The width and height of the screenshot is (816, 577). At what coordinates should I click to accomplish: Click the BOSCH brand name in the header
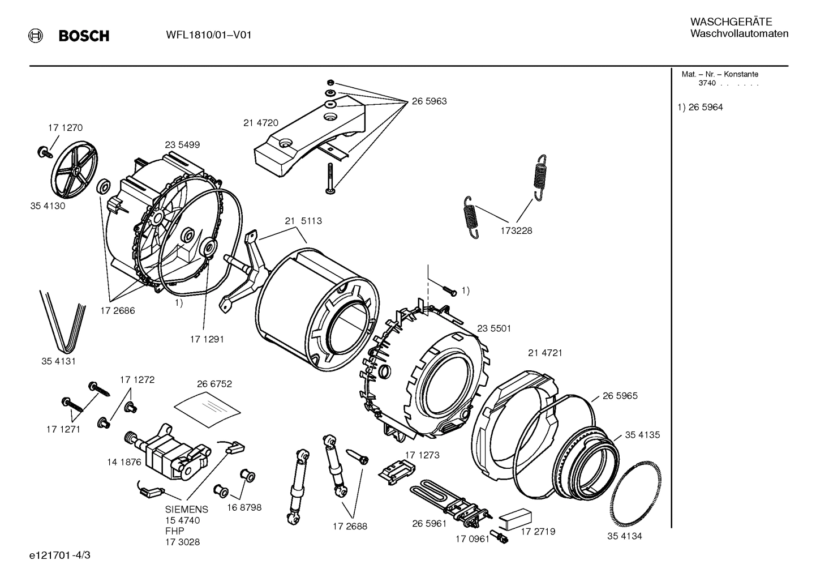point(84,36)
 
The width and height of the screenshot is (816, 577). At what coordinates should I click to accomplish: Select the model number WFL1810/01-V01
point(209,35)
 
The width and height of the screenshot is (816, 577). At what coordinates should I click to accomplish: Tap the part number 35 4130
point(48,206)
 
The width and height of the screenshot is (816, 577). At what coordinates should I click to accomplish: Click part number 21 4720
point(260,122)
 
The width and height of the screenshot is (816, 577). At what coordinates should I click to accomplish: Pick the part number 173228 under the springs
point(516,230)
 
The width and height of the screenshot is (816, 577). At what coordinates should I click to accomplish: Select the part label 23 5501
point(493,328)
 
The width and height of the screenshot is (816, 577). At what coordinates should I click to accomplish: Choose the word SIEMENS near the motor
point(187,509)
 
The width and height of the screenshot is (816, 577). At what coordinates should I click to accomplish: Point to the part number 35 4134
point(625,536)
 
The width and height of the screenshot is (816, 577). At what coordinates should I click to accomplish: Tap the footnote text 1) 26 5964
point(700,107)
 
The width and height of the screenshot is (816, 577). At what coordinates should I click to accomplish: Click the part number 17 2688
point(350,526)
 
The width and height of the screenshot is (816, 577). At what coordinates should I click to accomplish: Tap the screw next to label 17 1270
point(43,151)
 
